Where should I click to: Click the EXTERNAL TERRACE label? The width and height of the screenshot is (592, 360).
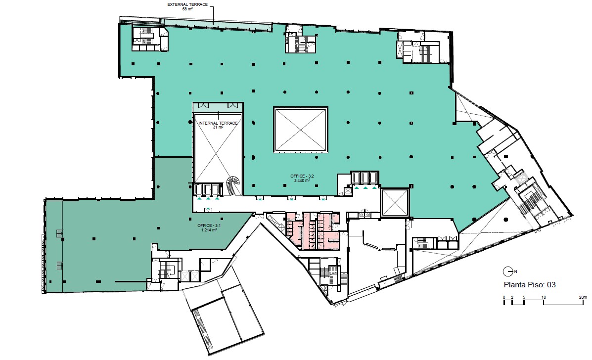pos(187,4)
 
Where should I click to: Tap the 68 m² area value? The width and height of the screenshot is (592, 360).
pos(187,9)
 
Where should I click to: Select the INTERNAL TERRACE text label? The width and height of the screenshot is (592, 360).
pos(218,123)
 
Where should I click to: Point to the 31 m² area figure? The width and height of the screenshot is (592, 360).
pos(218,127)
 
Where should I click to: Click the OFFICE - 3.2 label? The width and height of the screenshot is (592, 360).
pos(302,176)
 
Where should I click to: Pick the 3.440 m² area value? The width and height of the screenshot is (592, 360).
pos(302,180)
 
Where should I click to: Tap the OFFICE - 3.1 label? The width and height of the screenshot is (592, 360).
pos(209,225)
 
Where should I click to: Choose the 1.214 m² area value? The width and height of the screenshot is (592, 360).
pos(209,230)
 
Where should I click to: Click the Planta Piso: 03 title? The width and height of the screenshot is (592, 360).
pos(530,285)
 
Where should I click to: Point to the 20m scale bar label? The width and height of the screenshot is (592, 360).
pos(583,297)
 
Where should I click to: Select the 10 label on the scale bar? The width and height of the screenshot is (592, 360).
pos(544,297)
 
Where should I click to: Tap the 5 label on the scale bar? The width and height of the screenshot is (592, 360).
pos(524,297)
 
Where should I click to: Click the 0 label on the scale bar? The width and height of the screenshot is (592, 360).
pos(504,297)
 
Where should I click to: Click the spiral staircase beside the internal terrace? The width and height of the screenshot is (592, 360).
pos(233,185)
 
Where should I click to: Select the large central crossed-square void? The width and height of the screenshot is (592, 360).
pos(301,130)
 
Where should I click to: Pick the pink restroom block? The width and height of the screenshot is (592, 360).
pos(313,230)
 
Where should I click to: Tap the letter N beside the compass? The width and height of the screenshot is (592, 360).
pos(515,271)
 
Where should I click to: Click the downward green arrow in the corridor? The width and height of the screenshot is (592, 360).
pos(208,209)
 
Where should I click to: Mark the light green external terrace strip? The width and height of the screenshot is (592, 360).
pos(216,23)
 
